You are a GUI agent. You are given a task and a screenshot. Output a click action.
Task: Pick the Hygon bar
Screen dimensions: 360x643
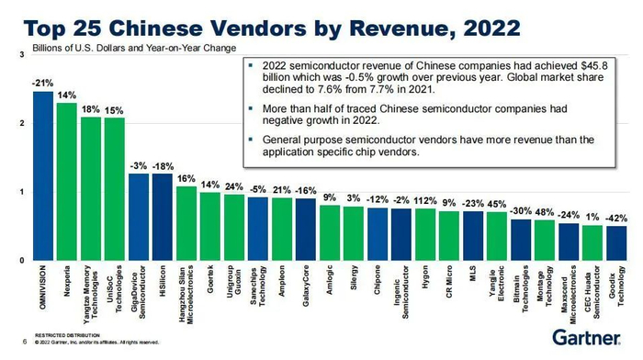(x=425, y=235)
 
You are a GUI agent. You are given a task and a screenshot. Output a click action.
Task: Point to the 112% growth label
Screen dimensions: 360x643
(x=425, y=199)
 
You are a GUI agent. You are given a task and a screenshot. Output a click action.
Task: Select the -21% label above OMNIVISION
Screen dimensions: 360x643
(x=41, y=83)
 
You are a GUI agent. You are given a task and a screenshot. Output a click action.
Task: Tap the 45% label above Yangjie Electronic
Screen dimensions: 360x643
(x=497, y=204)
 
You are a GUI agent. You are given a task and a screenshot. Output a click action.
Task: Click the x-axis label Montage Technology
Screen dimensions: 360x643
(x=545, y=291)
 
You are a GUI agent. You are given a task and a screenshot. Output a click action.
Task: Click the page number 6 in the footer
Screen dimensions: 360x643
(x=22, y=341)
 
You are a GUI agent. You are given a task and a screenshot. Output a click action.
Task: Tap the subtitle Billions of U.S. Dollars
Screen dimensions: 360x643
(x=77, y=46)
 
